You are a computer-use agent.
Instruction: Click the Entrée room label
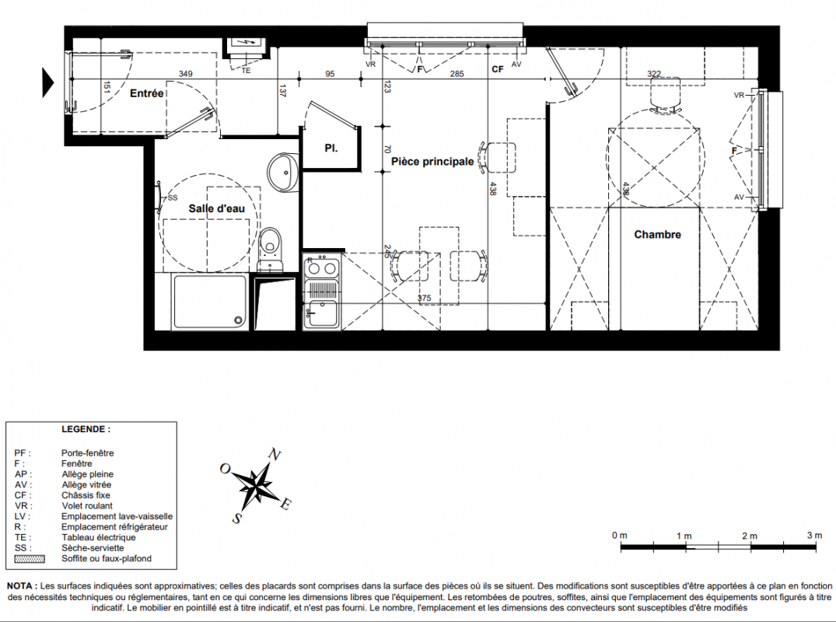pos(147,93)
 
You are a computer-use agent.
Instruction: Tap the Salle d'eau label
pos(216,208)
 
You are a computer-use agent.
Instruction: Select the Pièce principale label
pos(432,161)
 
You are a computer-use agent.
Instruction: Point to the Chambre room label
pos(657,234)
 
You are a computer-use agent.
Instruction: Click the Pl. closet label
pos(331,149)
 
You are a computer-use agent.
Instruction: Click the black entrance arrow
pos(48,82)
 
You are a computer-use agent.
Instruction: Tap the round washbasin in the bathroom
pos(283,172)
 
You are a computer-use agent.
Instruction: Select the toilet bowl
pos(271,243)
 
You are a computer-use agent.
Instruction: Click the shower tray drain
pos(238,320)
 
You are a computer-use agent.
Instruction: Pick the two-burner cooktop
pos(321,267)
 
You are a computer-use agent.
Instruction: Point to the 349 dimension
pos(185,74)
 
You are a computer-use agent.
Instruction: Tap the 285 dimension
pos(457,74)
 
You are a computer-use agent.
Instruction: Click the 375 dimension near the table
pos(424,298)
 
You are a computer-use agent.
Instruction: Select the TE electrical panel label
pos(246,70)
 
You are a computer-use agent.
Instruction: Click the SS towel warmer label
pos(172,197)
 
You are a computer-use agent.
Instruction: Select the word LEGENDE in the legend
pos(86,429)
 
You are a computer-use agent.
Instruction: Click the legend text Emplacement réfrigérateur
pos(114,526)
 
